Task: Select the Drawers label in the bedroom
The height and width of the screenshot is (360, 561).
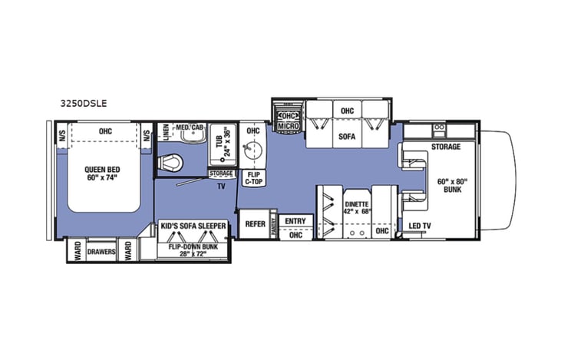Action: (102, 251)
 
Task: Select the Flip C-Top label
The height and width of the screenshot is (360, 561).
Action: (252, 178)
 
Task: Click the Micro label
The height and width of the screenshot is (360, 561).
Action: (288, 126)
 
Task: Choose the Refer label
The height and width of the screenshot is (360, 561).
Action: (255, 224)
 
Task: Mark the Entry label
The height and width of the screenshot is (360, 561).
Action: (295, 221)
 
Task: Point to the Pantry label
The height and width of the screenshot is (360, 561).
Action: (274, 224)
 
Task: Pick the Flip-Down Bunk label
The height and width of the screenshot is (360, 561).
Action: (193, 247)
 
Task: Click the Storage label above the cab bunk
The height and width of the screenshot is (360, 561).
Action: (445, 147)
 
